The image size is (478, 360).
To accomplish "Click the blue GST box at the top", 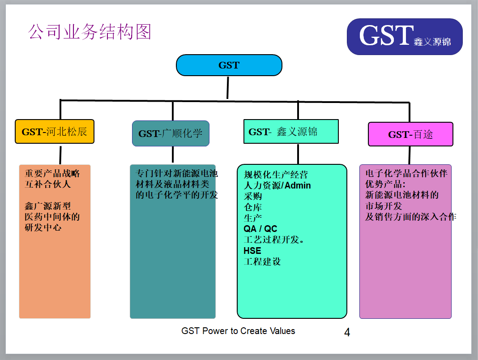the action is pyautogui.click(x=229, y=65).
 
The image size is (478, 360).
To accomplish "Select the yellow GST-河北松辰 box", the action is pyautogui.click(x=55, y=132).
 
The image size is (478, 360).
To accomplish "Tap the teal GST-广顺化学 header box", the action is pyautogui.click(x=171, y=133).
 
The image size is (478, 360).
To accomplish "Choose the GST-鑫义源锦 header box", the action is pyautogui.click(x=291, y=131).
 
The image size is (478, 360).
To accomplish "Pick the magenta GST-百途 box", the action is pyautogui.click(x=410, y=134).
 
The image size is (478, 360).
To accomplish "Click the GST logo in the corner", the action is pyautogui.click(x=405, y=37).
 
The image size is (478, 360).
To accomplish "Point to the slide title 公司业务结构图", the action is pyautogui.click(x=90, y=32).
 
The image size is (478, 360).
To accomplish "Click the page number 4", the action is pyautogui.click(x=347, y=332).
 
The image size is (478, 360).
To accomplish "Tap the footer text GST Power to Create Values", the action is pyautogui.click(x=238, y=331).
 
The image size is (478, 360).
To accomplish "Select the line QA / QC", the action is pyautogui.click(x=260, y=229).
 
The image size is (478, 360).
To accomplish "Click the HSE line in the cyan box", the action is pyautogui.click(x=252, y=251).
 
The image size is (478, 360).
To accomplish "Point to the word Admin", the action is pyautogui.click(x=298, y=185).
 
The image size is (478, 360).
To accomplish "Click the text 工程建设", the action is pyautogui.click(x=262, y=262).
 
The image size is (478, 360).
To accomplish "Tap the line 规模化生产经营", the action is pyautogui.click(x=276, y=175).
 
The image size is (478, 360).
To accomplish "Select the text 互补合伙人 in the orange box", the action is pyautogui.click(x=47, y=184).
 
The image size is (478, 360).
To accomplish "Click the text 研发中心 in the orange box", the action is pyautogui.click(x=43, y=227).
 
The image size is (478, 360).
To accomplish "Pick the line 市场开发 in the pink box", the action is pyautogui.click(x=384, y=206).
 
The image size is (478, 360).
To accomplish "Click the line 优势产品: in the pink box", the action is pyautogui.click(x=385, y=184).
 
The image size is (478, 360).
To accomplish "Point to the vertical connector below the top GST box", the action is pyautogui.click(x=228, y=88).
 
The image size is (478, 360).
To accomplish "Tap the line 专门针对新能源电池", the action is pyautogui.click(x=177, y=173).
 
